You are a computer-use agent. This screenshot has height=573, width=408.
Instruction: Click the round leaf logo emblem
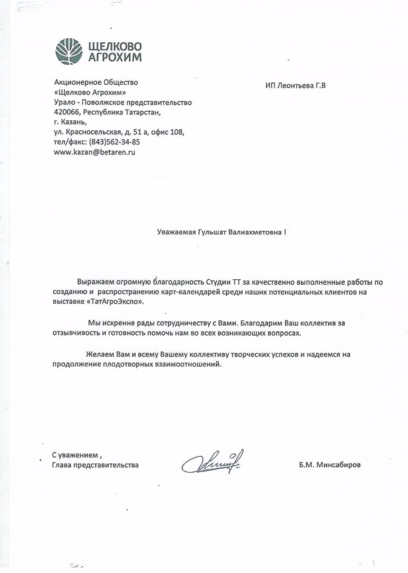coord(69,51)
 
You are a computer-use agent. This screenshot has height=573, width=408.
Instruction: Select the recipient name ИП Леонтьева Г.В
coord(296,85)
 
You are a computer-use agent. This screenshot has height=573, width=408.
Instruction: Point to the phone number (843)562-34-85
coord(114,142)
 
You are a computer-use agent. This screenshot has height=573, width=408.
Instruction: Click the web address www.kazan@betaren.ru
coord(94,153)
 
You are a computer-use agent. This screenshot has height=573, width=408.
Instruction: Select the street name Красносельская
coord(92,132)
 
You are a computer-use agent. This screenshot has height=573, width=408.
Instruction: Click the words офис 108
coord(168,132)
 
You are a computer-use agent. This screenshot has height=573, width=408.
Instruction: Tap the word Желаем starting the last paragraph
coord(99,355)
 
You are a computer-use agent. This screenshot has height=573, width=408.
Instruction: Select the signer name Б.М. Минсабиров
coord(330,464)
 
